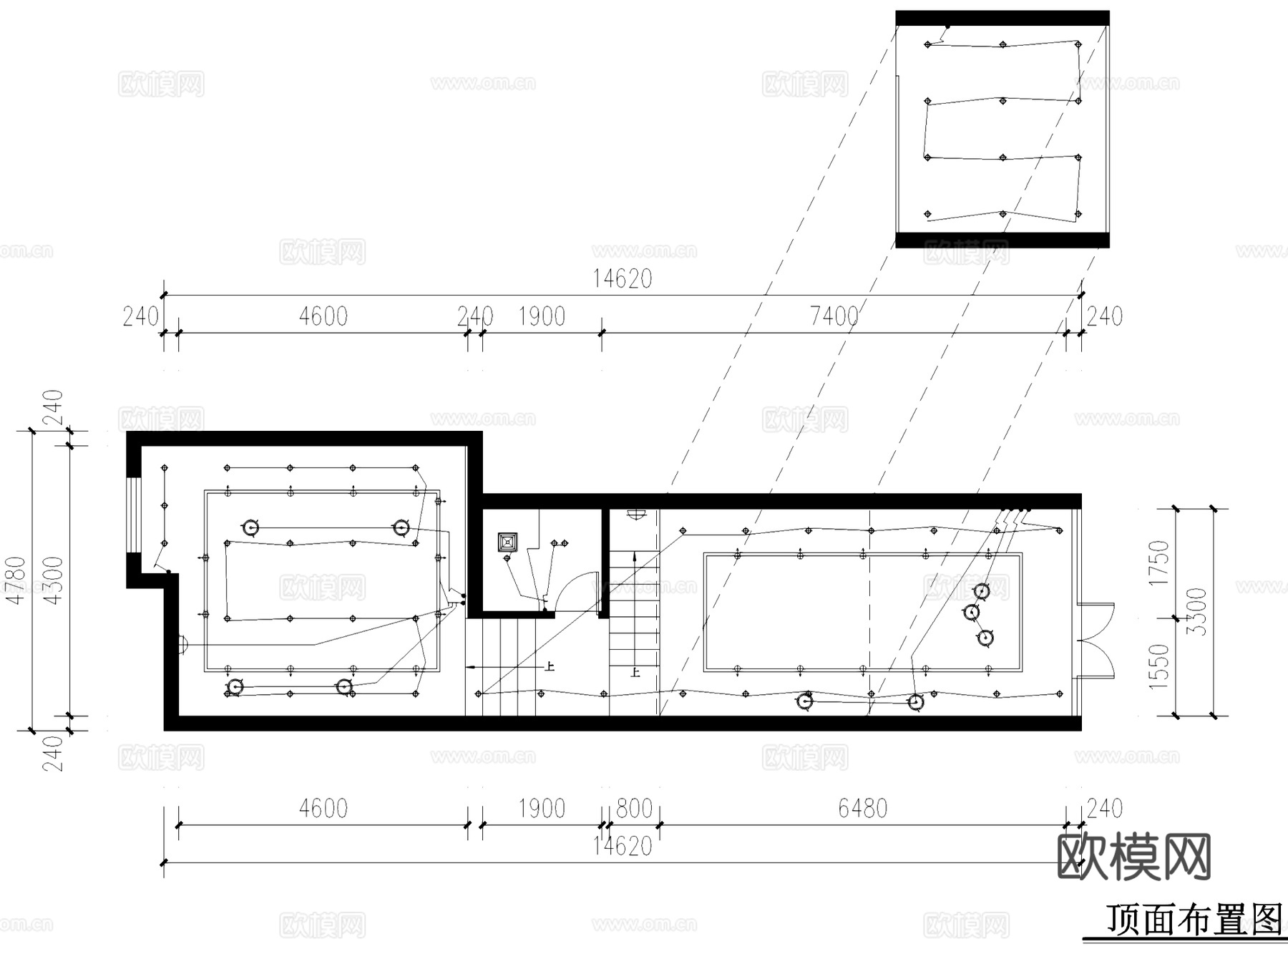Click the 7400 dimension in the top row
[834, 316]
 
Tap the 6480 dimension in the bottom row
[862, 809]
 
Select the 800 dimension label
[634, 809]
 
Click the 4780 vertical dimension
[16, 580]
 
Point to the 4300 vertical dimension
[54, 580]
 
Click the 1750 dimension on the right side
[1158, 563]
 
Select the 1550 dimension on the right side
[1158, 666]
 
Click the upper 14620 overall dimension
[622, 278]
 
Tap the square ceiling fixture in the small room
[507, 542]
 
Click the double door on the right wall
[1097, 641]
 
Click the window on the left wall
[133, 514]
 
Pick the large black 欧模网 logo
[1133, 857]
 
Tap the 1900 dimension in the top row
[542, 316]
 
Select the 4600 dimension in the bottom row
[323, 809]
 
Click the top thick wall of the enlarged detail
[1002, 18]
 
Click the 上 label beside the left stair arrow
[550, 666]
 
